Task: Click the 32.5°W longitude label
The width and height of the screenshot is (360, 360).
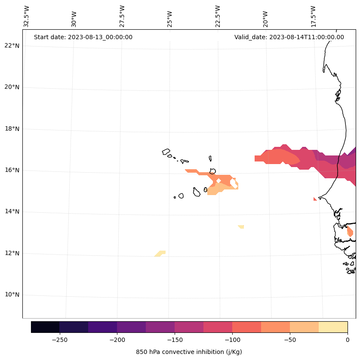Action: coord(27,16)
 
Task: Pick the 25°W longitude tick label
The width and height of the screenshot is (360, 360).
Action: coord(170,16)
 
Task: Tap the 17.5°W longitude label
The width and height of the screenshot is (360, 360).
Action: coord(313,16)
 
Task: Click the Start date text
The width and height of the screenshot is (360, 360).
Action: coord(83,37)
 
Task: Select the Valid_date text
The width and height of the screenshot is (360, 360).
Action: coord(289,37)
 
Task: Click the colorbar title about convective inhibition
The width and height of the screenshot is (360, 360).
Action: coord(189,352)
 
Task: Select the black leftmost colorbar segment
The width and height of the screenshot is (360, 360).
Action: coord(45,327)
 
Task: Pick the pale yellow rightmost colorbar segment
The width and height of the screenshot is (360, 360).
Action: coord(333,327)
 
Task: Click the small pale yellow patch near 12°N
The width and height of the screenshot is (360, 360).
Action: coord(160,253)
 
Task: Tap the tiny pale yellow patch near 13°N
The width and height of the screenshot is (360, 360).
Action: coord(241,227)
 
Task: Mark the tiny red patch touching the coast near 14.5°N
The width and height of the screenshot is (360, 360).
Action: coord(315,199)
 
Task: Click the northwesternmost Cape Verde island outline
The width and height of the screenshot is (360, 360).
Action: coord(166,152)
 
